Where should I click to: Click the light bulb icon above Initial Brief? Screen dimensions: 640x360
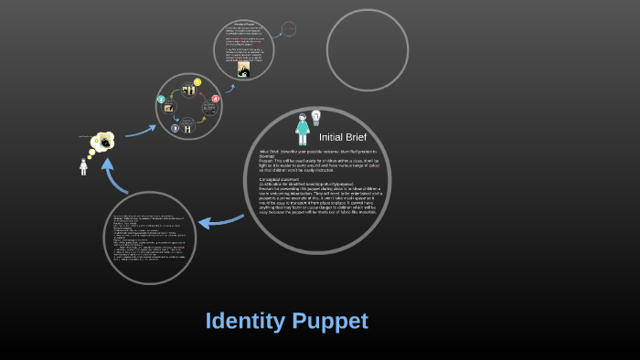point(317,117)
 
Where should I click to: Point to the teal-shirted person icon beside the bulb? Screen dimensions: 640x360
point(302,128)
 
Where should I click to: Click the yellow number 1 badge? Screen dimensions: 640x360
point(197,83)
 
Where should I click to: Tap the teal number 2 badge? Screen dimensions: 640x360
point(162,99)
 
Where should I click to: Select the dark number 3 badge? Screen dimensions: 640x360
point(175,128)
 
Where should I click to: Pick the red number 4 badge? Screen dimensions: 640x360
point(216,99)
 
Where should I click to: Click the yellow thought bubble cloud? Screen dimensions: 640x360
point(104,142)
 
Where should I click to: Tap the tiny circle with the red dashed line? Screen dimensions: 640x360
point(288,29)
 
